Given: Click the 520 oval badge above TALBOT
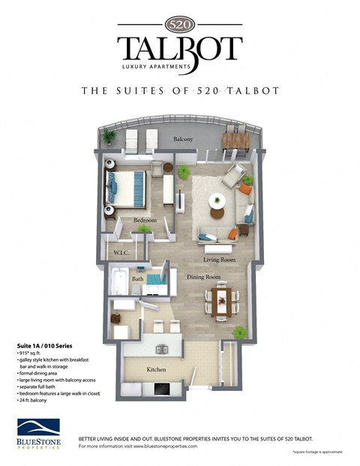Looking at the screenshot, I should point(180,23).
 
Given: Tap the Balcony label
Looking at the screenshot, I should point(184,140).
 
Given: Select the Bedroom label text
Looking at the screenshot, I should point(145,221).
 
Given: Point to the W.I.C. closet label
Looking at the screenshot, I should point(122,254).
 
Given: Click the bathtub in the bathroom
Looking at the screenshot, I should point(120,282).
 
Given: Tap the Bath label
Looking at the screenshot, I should point(137,278).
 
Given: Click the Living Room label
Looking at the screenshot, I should point(220,260).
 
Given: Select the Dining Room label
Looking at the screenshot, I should point(204,277).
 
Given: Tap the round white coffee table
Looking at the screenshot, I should point(217,200).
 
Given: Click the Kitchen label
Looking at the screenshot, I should point(156,370).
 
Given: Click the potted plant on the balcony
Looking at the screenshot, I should point(110,137).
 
